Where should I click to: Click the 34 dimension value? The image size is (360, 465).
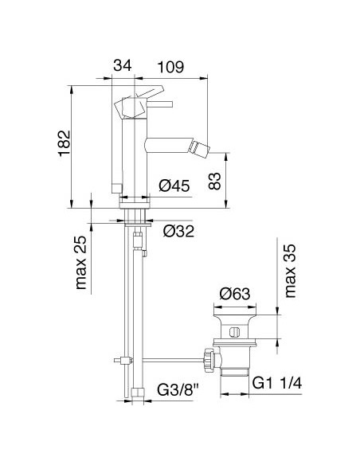pyautogui.click(x=122, y=65)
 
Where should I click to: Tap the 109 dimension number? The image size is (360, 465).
pyautogui.click(x=170, y=67)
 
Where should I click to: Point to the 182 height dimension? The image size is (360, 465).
pyautogui.click(x=65, y=143)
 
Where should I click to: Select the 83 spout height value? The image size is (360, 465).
pyautogui.click(x=214, y=181)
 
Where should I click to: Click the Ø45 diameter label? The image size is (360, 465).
pyautogui.click(x=174, y=186)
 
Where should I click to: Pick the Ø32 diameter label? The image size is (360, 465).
pyautogui.click(x=178, y=232)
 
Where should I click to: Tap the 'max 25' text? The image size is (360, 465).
pyautogui.click(x=81, y=262)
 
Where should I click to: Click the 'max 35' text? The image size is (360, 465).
pyautogui.click(x=290, y=271)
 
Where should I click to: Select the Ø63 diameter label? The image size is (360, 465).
pyautogui.click(x=235, y=294)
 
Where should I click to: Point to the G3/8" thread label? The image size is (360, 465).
pyautogui.click(x=177, y=390)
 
